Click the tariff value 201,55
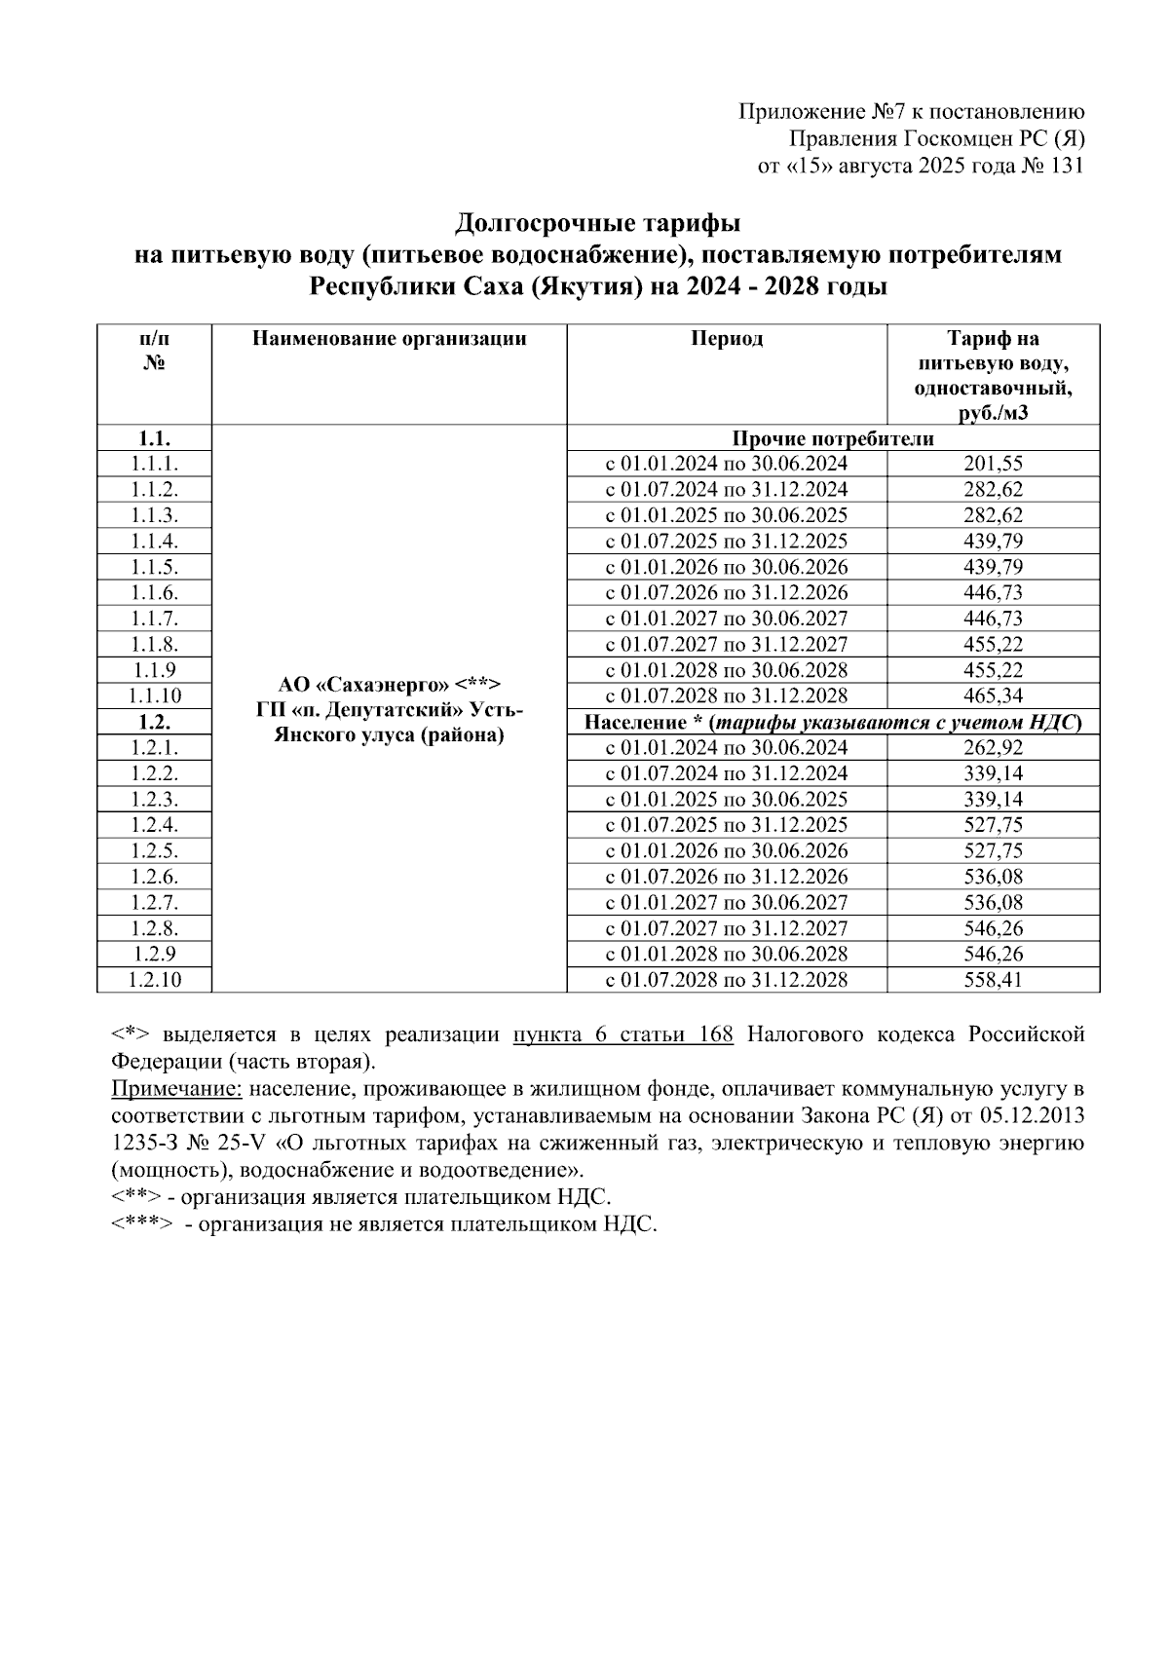[x=993, y=464]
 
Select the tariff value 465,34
[x=993, y=695]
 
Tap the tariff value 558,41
[x=993, y=980]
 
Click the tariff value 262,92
[x=993, y=747]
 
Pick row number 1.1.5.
[x=154, y=567]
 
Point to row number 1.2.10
[x=154, y=980]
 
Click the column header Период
[x=727, y=339]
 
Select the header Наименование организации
[x=389, y=339]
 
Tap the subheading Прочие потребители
[x=833, y=438]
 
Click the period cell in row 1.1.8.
[x=727, y=644]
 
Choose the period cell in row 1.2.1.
[x=727, y=747]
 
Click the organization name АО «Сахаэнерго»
[x=389, y=683]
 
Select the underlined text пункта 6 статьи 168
[x=622, y=1034]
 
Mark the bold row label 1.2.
[x=154, y=722]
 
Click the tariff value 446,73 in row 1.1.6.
[x=993, y=592]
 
